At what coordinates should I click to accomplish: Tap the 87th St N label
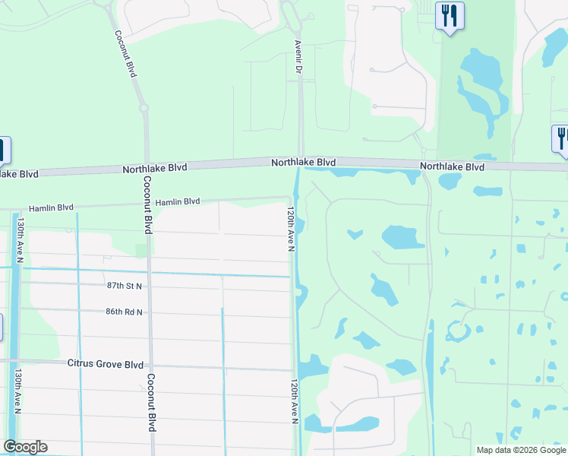(x=125, y=285)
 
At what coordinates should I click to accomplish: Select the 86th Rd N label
(x=124, y=312)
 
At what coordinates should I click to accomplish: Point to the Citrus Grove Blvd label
(x=105, y=364)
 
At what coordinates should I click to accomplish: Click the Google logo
(x=25, y=447)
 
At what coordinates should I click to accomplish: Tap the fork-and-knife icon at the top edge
(x=450, y=14)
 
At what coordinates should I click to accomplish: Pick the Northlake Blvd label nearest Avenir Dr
(x=304, y=162)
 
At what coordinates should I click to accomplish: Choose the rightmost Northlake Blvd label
(x=452, y=166)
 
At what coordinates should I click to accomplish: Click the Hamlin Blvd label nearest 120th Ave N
(x=178, y=202)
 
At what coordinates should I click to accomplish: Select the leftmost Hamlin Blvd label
(x=51, y=207)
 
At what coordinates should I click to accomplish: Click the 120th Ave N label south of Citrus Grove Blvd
(x=294, y=402)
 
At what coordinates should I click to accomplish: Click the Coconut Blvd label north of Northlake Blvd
(x=126, y=53)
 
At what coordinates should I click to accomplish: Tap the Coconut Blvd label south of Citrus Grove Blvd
(x=150, y=403)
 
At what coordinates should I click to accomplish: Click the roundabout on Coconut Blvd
(x=144, y=108)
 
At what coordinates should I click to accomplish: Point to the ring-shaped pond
(x=458, y=331)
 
